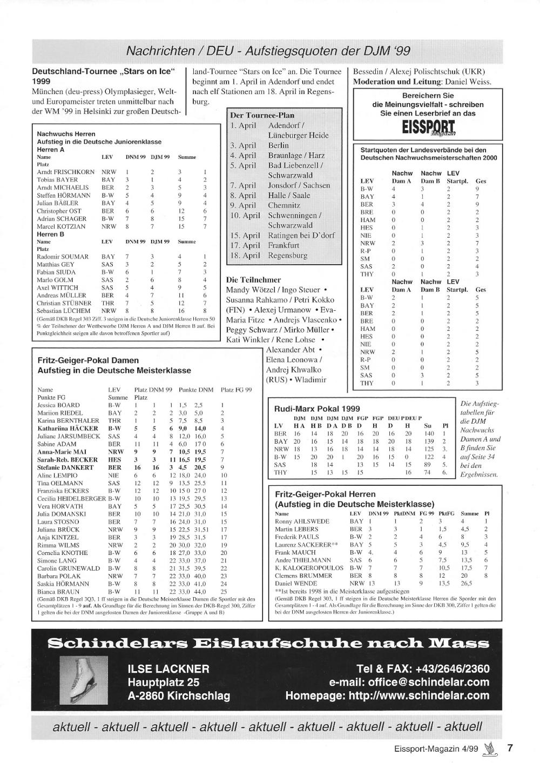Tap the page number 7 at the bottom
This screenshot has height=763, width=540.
[x=509, y=748]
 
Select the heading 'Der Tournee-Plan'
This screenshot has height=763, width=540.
[x=262, y=115]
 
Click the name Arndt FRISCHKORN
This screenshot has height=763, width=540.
[x=65, y=172]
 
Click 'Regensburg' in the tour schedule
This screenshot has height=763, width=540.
[x=287, y=255]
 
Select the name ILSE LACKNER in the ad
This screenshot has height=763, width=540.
[x=168, y=669]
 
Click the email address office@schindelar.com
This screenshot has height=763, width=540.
[x=409, y=682]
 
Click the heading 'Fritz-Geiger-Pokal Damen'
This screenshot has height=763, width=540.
[x=88, y=360]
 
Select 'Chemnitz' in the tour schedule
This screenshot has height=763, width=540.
[x=284, y=205]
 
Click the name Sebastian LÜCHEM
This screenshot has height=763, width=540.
[x=64, y=311]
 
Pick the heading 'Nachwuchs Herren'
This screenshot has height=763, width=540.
[x=66, y=133]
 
